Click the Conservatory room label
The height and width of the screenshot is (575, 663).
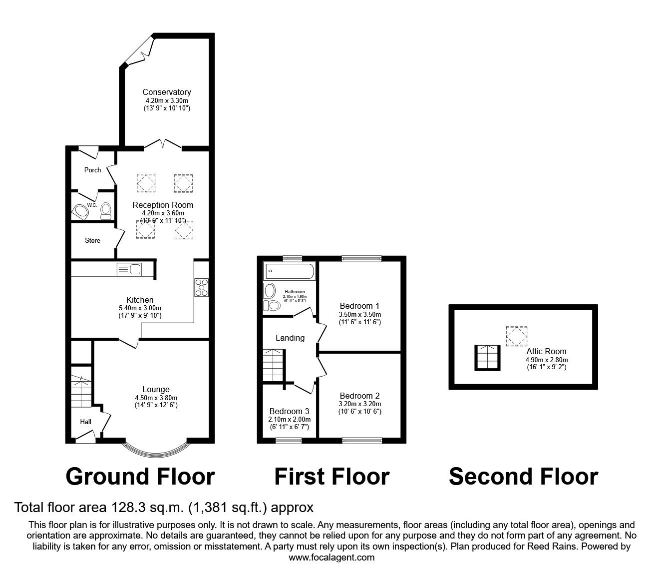pyautogui.click(x=167, y=92)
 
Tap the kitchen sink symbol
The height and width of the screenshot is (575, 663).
pyautogui.click(x=129, y=269)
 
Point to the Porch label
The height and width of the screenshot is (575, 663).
pyautogui.click(x=92, y=170)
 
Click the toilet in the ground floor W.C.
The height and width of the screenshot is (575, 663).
pyautogui.click(x=105, y=212)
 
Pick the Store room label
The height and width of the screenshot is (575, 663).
pyautogui.click(x=92, y=240)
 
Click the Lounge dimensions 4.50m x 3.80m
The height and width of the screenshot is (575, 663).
pyautogui.click(x=156, y=398)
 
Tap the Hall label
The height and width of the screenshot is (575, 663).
pyautogui.click(x=86, y=422)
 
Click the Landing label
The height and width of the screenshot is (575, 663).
pyautogui.click(x=290, y=338)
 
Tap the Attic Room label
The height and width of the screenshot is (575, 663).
pyautogui.click(x=546, y=351)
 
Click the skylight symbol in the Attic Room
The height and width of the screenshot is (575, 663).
pyautogui.click(x=516, y=336)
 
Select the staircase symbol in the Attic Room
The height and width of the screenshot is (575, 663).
pyautogui.click(x=486, y=357)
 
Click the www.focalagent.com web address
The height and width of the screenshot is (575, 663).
pyautogui.click(x=331, y=557)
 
